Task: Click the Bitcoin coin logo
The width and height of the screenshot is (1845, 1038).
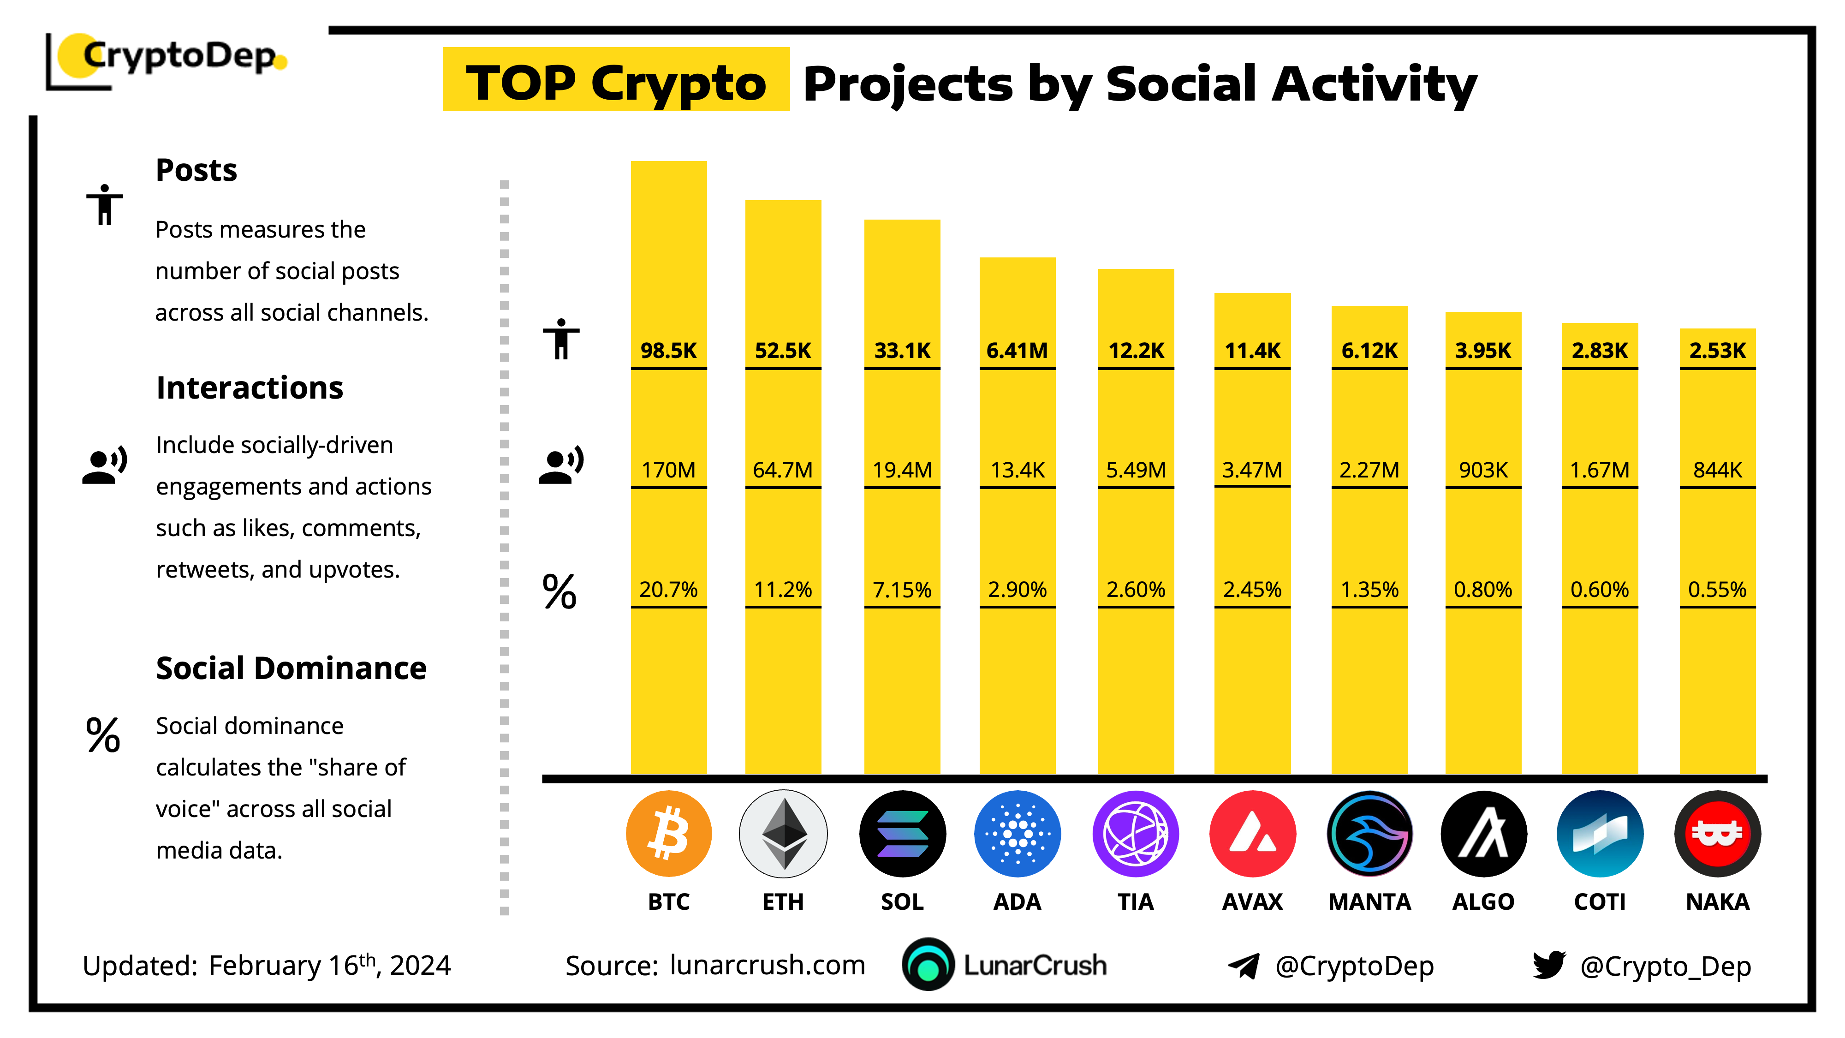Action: pyautogui.click(x=668, y=834)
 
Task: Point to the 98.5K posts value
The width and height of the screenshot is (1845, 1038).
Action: pyautogui.click(x=668, y=350)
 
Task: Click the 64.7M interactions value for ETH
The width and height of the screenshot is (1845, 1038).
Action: pyautogui.click(x=783, y=470)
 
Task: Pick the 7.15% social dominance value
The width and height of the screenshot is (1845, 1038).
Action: pyautogui.click(x=902, y=590)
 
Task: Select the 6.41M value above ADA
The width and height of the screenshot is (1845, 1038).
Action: pyautogui.click(x=1017, y=350)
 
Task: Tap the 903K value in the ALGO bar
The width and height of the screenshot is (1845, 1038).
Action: pyautogui.click(x=1483, y=470)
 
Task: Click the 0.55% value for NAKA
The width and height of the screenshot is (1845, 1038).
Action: pyautogui.click(x=1717, y=590)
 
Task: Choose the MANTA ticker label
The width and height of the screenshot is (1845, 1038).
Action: pyautogui.click(x=1369, y=901)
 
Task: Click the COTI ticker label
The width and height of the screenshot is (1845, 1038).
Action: pyautogui.click(x=1599, y=901)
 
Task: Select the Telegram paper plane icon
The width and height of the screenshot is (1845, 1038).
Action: pyautogui.click(x=1244, y=966)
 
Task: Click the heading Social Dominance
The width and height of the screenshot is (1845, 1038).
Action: pyautogui.click(x=291, y=668)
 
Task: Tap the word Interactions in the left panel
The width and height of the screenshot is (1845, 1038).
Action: pyautogui.click(x=249, y=388)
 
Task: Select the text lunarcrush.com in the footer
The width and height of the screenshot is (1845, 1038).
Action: pyautogui.click(x=767, y=965)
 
